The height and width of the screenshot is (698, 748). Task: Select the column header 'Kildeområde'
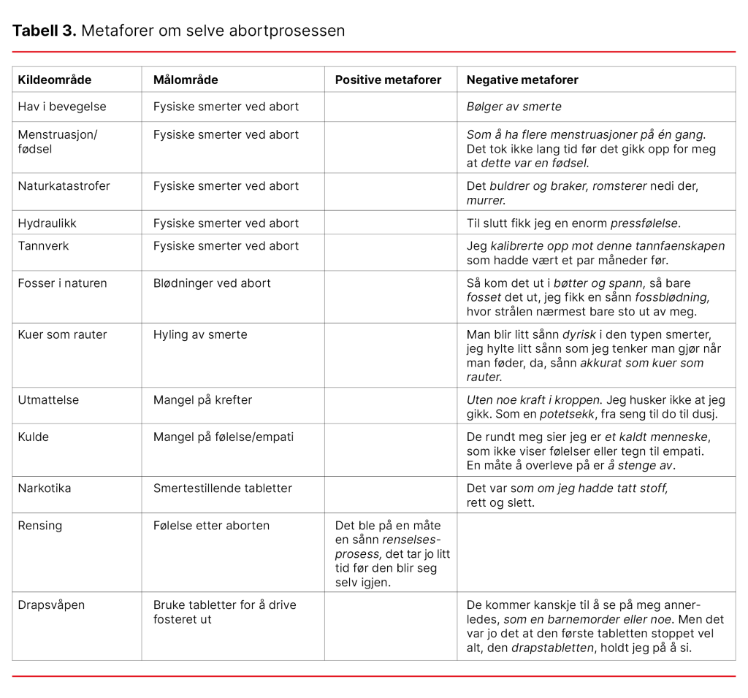click(x=55, y=80)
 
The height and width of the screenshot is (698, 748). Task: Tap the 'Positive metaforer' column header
click(x=388, y=80)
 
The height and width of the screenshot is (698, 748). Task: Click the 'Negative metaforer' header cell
click(x=522, y=80)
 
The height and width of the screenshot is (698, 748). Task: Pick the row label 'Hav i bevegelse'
click(x=62, y=107)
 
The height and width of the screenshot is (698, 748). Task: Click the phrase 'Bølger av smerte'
click(x=514, y=107)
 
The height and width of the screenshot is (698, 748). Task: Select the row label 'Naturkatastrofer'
click(x=64, y=185)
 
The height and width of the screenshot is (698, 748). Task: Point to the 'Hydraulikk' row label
click(x=47, y=223)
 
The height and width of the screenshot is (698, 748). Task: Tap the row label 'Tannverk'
click(x=44, y=245)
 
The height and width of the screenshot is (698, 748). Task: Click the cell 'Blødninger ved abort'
click(x=212, y=283)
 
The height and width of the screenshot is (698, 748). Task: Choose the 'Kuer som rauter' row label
click(x=63, y=334)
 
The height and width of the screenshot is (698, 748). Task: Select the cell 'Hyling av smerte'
click(x=200, y=334)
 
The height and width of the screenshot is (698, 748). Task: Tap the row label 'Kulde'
click(x=34, y=437)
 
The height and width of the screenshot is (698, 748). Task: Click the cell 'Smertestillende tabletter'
click(x=223, y=488)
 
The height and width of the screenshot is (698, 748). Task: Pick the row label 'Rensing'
click(x=40, y=525)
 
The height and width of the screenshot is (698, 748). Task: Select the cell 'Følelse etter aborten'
click(x=211, y=525)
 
